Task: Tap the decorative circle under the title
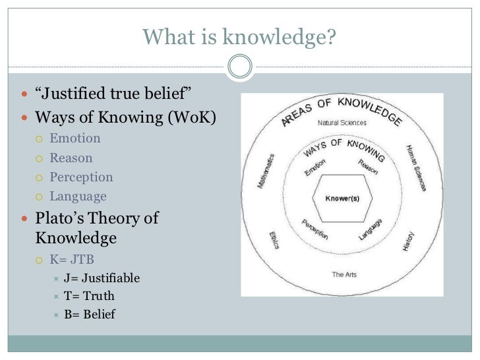pyautogui.click(x=239, y=65)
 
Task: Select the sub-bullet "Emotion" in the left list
pyautogui.click(x=75, y=138)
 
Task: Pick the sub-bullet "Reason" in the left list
pyautogui.click(x=71, y=158)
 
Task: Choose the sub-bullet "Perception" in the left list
pyautogui.click(x=81, y=177)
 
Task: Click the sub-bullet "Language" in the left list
pyautogui.click(x=78, y=196)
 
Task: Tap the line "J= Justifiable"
pyautogui.click(x=102, y=278)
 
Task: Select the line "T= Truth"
pyautogui.click(x=90, y=296)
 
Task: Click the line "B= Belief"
pyautogui.click(x=90, y=315)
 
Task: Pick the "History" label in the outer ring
pyautogui.click(x=410, y=242)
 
